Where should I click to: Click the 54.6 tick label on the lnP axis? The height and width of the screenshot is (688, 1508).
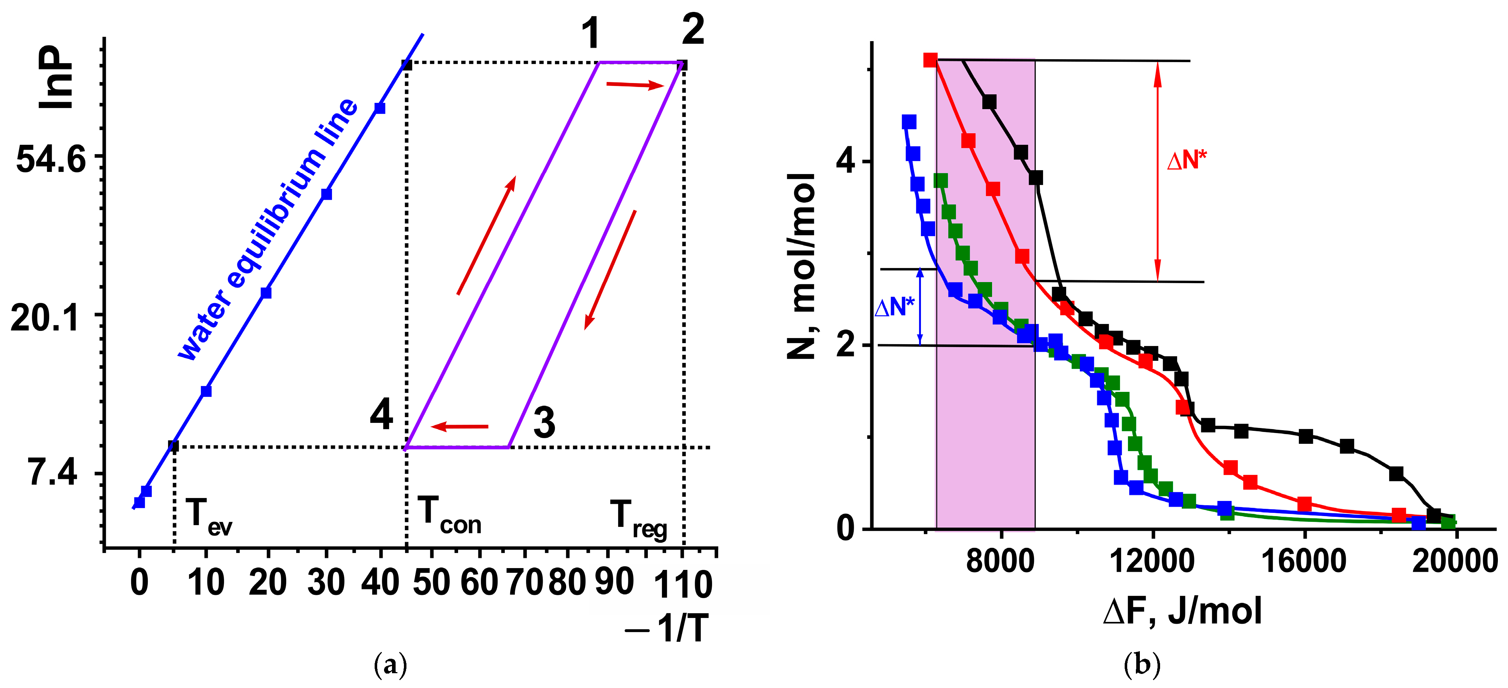click(x=52, y=159)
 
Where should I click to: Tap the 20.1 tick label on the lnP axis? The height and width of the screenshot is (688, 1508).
click(x=45, y=319)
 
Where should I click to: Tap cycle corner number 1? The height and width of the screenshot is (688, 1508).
click(x=592, y=33)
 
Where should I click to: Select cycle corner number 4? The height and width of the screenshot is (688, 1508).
click(x=382, y=415)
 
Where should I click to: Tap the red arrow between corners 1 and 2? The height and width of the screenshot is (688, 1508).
click(x=635, y=86)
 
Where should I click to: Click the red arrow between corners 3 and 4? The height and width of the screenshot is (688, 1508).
click(x=460, y=427)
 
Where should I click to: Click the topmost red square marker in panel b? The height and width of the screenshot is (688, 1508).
click(x=930, y=60)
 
